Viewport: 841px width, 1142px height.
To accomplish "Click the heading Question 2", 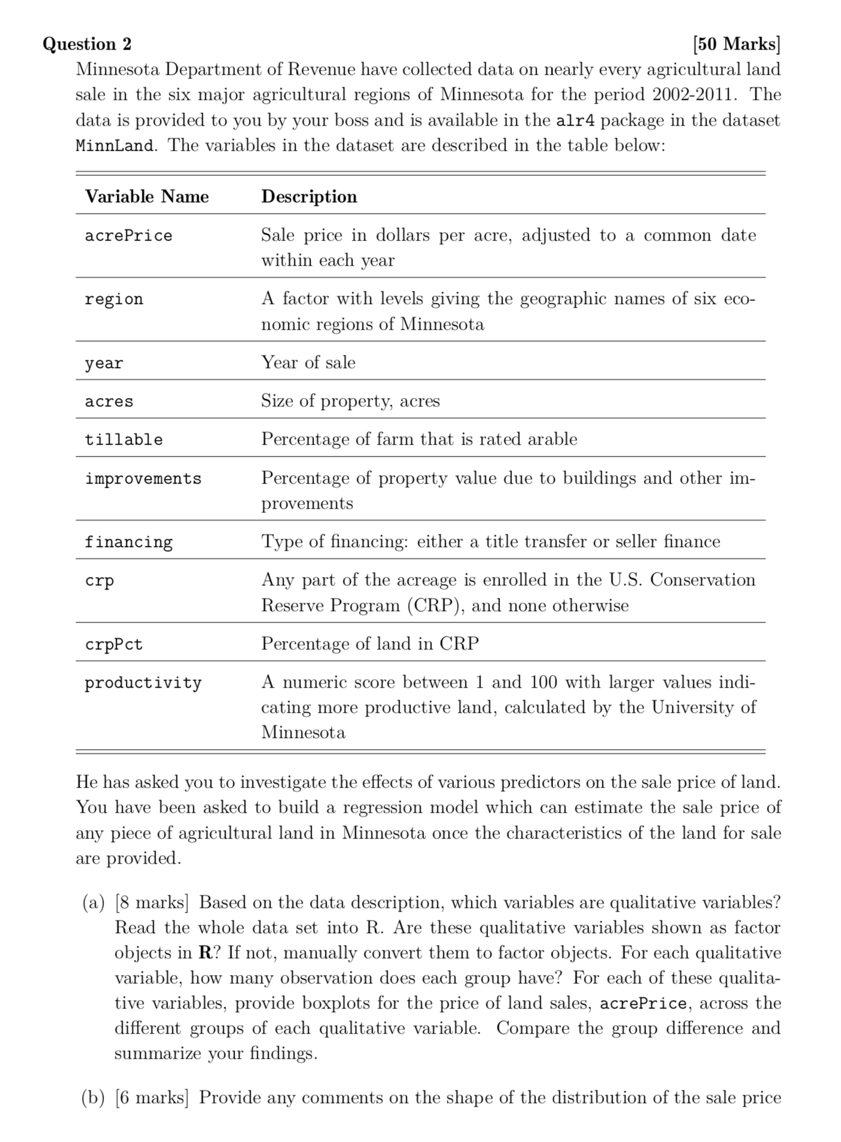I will click(x=87, y=44).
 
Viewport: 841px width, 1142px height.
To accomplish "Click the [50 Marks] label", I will click(x=736, y=44).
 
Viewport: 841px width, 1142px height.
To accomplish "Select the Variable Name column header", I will click(x=147, y=197).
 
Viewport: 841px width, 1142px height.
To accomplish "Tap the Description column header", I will click(x=309, y=197).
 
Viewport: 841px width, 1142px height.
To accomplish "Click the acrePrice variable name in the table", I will click(x=128, y=236).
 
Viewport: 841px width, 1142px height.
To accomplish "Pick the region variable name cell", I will click(x=114, y=299).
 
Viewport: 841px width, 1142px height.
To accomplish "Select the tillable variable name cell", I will click(x=123, y=440).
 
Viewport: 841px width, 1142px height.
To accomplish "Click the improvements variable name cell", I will click(x=143, y=479).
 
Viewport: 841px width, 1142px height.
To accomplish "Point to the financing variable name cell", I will click(x=128, y=542).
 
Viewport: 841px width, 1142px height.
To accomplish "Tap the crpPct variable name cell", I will click(x=114, y=645).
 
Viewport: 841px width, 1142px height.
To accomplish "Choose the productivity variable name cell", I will click(x=143, y=683).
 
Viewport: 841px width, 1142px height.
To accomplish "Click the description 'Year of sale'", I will click(x=308, y=363).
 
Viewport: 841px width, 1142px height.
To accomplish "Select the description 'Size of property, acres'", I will click(x=350, y=401).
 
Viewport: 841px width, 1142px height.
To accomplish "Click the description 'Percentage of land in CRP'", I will click(x=370, y=644).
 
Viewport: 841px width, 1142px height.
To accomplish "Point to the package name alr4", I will click(x=575, y=120).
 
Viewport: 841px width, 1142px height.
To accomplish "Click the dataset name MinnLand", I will click(x=114, y=146).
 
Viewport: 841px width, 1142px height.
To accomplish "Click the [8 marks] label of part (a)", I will click(x=151, y=903).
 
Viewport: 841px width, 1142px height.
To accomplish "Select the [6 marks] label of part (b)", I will click(x=151, y=1098).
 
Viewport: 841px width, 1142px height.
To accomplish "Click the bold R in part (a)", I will click(x=204, y=953).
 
